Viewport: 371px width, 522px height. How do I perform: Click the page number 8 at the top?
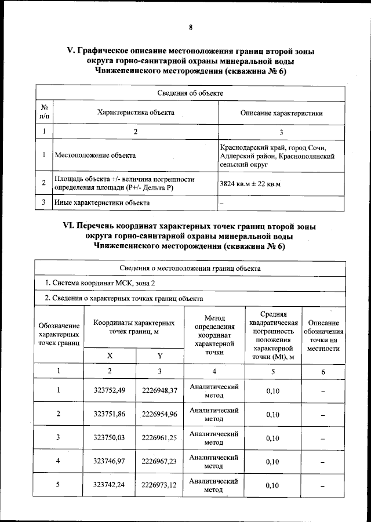[190, 27]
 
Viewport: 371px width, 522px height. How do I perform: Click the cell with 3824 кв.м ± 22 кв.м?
[250, 184]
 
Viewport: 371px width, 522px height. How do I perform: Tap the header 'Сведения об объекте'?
[190, 93]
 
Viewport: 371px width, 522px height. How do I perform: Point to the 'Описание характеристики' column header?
[281, 113]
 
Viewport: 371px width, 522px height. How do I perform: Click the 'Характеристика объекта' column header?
[136, 113]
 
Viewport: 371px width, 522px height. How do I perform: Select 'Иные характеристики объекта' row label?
[101, 202]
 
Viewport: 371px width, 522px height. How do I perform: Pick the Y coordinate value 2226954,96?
[159, 414]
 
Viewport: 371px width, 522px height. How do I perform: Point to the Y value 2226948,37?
[159, 390]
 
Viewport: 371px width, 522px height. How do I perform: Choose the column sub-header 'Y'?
[159, 356]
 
